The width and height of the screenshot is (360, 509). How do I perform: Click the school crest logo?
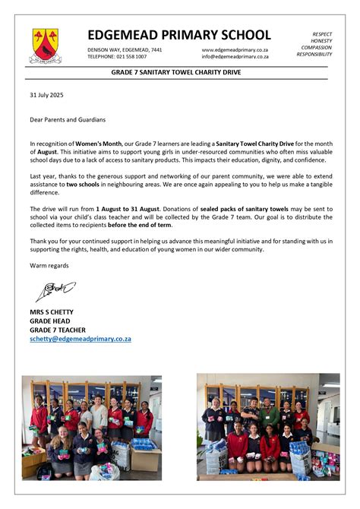pyautogui.click(x=45, y=45)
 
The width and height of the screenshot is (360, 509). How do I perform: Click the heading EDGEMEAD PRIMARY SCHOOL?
pyautogui.click(x=178, y=35)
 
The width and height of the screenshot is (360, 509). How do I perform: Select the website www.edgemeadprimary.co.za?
pyautogui.click(x=235, y=49)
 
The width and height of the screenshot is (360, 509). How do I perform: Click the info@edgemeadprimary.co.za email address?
pyautogui.click(x=235, y=56)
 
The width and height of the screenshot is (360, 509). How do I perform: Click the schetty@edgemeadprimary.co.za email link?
pyautogui.click(x=81, y=339)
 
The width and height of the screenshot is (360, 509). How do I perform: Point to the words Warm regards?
pyautogui.click(x=49, y=265)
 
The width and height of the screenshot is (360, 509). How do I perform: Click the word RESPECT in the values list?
pyautogui.click(x=322, y=34)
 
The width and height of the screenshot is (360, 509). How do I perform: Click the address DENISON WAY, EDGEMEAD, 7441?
pyautogui.click(x=125, y=49)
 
